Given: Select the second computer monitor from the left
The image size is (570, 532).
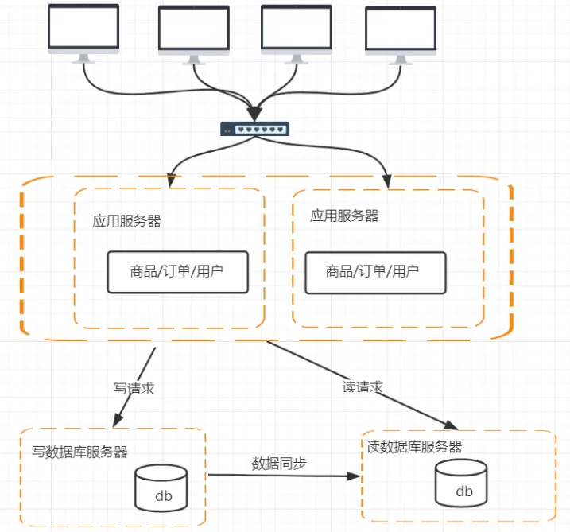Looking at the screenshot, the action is click(x=194, y=35).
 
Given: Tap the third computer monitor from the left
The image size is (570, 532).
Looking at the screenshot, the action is click(x=297, y=34).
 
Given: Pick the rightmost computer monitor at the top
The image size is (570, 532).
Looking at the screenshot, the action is click(x=401, y=36).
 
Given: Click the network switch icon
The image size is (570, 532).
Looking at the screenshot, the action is click(x=254, y=129).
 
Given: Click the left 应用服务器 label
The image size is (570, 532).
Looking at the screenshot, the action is click(x=126, y=221).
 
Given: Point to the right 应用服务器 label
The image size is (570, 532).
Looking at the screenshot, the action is click(x=344, y=216).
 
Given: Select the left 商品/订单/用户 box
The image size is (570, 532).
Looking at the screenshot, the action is click(x=178, y=272).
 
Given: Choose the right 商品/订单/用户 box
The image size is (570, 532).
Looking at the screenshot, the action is click(x=375, y=273).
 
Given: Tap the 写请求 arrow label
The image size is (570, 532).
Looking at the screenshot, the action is click(x=134, y=389).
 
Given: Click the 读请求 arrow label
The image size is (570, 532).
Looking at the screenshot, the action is click(x=363, y=387).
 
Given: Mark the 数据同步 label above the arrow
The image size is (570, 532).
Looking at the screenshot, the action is click(x=279, y=464).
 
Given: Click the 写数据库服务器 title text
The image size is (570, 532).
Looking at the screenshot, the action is click(x=79, y=452).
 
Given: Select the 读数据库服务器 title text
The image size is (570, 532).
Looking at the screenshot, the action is click(x=414, y=447).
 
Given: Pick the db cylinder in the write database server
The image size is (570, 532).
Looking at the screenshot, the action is click(x=161, y=488).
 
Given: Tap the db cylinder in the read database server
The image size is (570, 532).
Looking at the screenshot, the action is click(x=461, y=483).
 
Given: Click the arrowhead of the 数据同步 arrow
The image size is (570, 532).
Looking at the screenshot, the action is click(x=353, y=476).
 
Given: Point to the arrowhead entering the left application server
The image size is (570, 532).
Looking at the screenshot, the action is click(x=171, y=181).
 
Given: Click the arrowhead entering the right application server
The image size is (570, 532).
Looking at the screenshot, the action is click(x=387, y=182).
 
